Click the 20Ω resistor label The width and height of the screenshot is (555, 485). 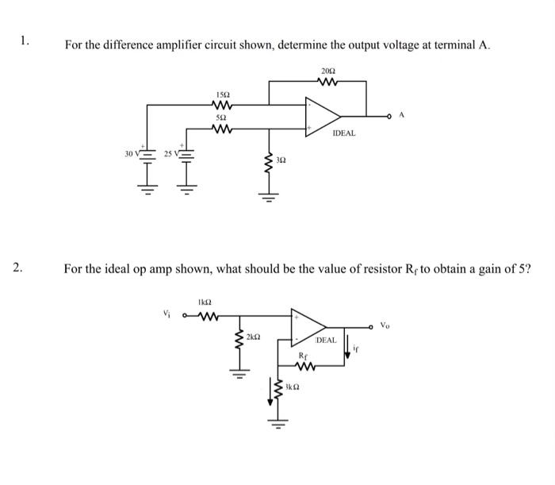[x=327, y=70]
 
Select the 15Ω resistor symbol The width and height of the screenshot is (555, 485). [x=223, y=104]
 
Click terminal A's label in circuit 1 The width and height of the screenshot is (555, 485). [x=402, y=115]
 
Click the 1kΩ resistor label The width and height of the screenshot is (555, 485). [x=204, y=302]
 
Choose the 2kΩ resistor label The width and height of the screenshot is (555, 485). [x=254, y=337]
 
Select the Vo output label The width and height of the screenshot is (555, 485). [x=385, y=325]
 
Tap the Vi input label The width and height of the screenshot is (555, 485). [x=166, y=312]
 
